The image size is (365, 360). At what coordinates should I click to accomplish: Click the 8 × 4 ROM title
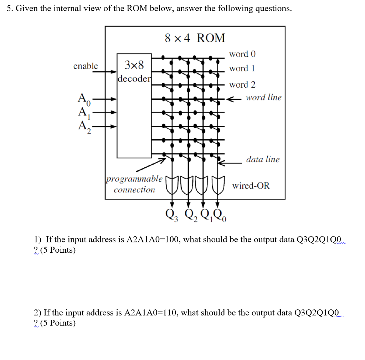(195, 38)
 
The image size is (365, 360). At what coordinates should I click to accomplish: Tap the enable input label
(86, 66)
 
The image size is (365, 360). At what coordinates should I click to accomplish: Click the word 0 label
(242, 54)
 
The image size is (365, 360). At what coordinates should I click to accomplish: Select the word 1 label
(242, 68)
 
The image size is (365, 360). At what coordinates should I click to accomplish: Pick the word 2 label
(242, 85)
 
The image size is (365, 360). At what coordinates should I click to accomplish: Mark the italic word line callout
(263, 97)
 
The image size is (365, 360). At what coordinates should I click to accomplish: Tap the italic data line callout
(263, 159)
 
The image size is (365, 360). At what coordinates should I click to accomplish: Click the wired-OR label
(251, 186)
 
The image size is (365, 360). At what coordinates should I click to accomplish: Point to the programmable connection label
(134, 184)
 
